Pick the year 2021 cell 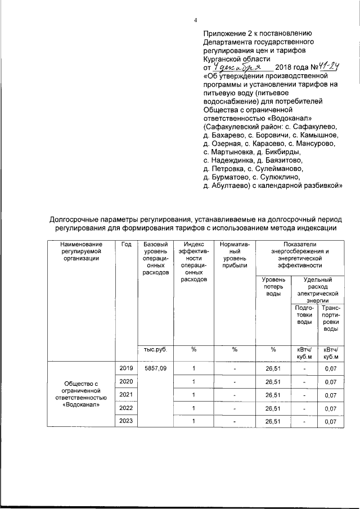pyautogui.click(x=126, y=394)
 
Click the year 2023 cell pyautogui.click(x=126, y=421)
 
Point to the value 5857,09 pyautogui.click(x=155, y=368)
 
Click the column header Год pyautogui.click(x=126, y=245)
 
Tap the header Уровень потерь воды pyautogui.click(x=273, y=286)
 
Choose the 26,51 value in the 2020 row pyautogui.click(x=273, y=382)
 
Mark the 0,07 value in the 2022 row pyautogui.click(x=330, y=409)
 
